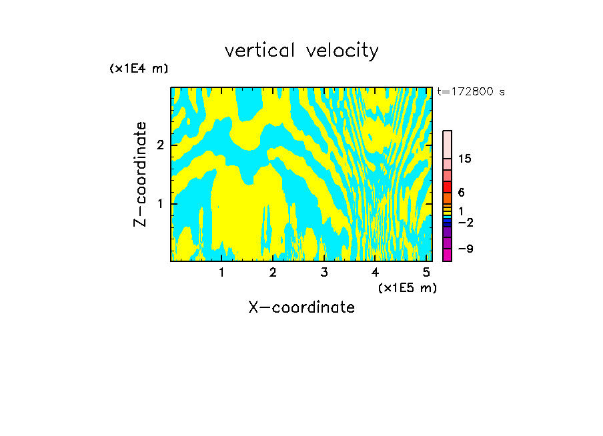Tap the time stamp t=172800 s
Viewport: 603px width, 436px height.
coord(471,91)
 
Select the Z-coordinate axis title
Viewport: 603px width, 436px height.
coord(140,174)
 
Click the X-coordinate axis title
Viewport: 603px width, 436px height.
coord(301,307)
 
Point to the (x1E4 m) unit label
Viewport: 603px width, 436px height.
coord(139,69)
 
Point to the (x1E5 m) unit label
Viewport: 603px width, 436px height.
coord(407,287)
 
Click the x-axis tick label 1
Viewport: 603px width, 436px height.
coord(221,272)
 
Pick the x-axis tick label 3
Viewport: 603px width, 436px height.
coord(324,272)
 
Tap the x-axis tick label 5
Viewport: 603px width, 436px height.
coord(426,272)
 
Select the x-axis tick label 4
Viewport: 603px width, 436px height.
coord(376,272)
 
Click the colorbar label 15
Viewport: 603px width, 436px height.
coord(465,159)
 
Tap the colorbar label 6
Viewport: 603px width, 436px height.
coord(461,193)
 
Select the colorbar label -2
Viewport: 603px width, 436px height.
coord(465,222)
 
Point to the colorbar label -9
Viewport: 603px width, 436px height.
coord(465,249)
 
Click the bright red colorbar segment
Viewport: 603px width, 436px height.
coord(448,187)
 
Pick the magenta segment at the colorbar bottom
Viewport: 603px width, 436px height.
coord(448,254)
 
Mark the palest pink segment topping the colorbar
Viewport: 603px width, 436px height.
coord(448,144)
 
